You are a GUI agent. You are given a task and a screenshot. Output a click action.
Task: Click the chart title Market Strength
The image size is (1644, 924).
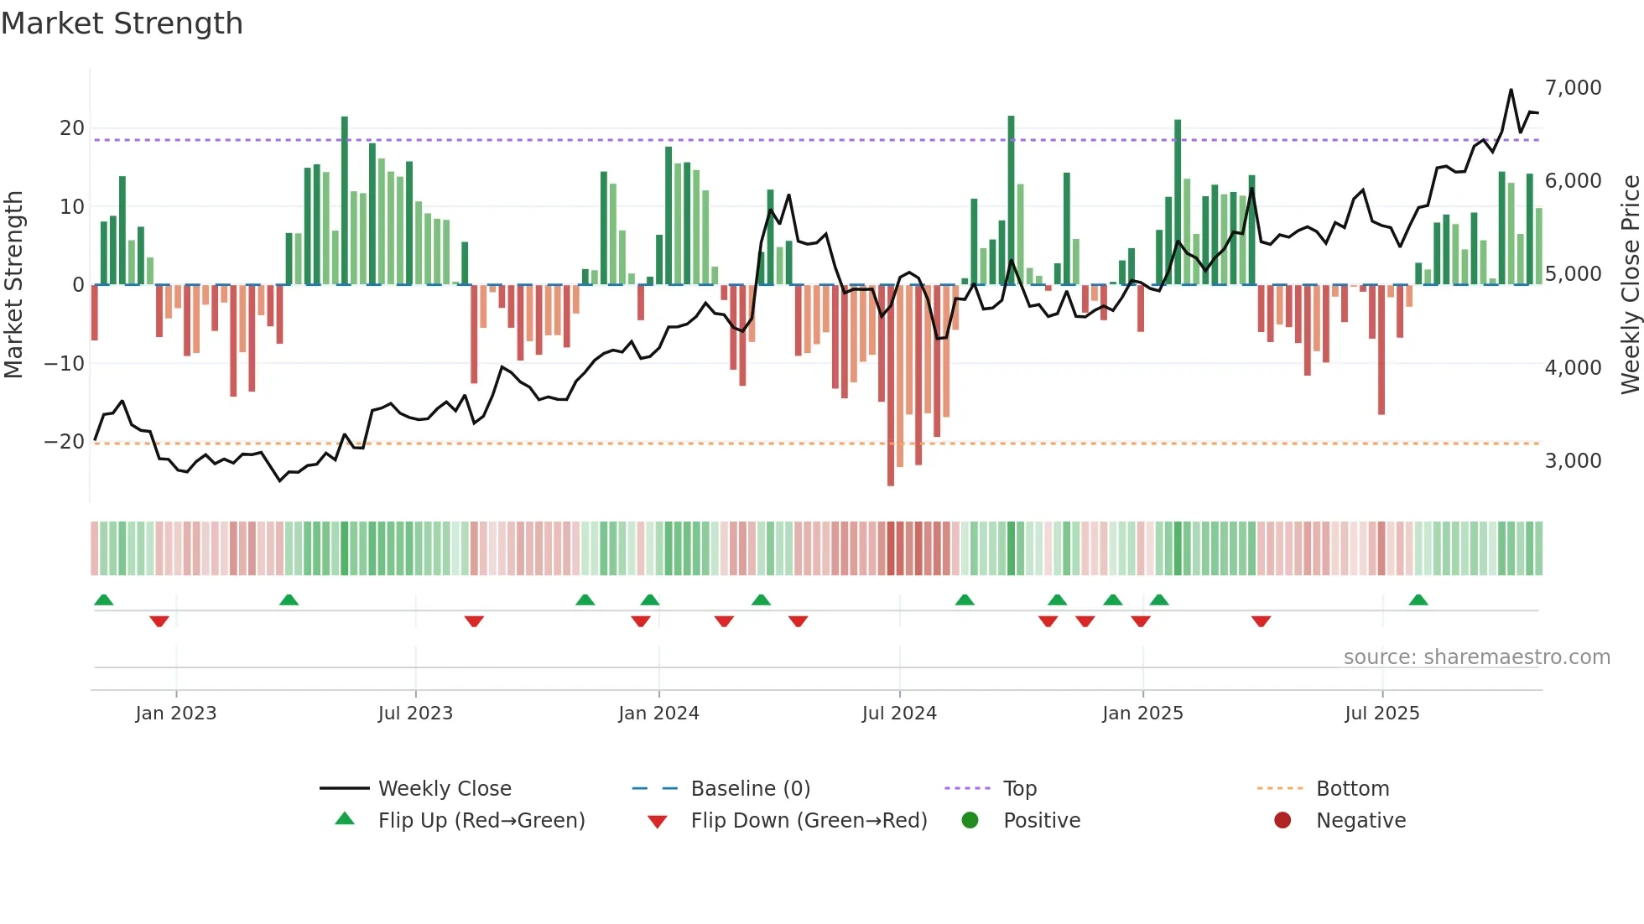pyautogui.click(x=122, y=23)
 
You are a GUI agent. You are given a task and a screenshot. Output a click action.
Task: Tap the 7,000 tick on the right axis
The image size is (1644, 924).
pyautogui.click(x=1573, y=88)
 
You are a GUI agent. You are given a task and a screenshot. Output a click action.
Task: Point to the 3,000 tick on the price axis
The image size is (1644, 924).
pyautogui.click(x=1573, y=461)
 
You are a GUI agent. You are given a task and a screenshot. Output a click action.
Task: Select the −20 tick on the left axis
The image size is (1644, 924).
pyautogui.click(x=65, y=442)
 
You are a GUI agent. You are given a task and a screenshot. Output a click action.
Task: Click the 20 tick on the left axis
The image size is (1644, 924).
pyautogui.click(x=72, y=128)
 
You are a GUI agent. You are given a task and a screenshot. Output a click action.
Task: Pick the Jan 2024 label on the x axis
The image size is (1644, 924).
pyautogui.click(x=658, y=714)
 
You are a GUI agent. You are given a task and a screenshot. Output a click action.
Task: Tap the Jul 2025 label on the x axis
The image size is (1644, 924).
pyautogui.click(x=1381, y=714)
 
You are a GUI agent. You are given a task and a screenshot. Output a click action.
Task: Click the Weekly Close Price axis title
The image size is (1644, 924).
pyautogui.click(x=1630, y=285)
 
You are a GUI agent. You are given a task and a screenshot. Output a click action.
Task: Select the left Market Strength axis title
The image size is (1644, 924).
pyautogui.click(x=14, y=285)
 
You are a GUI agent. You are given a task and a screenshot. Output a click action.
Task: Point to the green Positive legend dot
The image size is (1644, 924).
pyautogui.click(x=970, y=821)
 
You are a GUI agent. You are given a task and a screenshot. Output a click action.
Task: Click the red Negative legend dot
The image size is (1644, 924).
pyautogui.click(x=1282, y=821)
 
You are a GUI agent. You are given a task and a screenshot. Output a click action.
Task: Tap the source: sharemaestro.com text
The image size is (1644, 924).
pyautogui.click(x=1476, y=657)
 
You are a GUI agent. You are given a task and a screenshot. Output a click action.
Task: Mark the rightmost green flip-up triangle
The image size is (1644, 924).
pyautogui.click(x=1418, y=600)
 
